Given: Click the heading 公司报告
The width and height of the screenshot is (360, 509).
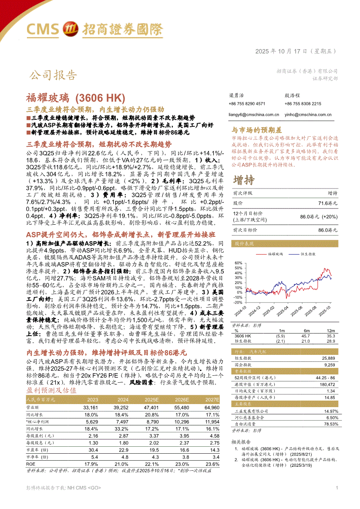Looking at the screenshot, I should point(53,75).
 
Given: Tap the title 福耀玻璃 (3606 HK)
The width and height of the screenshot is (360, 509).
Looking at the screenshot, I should point(76,97).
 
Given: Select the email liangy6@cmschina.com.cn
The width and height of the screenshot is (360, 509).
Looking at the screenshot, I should point(254,115).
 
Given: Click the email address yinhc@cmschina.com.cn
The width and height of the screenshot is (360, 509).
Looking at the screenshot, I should point(308,115).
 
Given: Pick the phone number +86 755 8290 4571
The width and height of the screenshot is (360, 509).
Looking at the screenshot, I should point(246,104).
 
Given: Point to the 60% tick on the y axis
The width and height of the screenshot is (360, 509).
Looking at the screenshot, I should point(239,263).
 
